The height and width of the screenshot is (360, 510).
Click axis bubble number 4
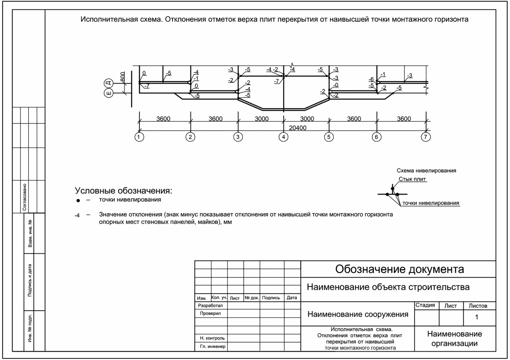(283, 137)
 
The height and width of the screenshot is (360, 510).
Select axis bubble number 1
(139, 137)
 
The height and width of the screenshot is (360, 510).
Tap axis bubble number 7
(426, 137)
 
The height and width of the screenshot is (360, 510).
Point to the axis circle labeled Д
(109, 83)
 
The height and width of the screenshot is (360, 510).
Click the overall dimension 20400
(297, 128)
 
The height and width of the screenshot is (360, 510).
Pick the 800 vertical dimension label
(123, 77)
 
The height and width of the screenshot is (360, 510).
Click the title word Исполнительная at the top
(121, 19)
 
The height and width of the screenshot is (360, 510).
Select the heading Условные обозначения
(123, 190)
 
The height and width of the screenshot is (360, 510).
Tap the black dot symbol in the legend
(78, 200)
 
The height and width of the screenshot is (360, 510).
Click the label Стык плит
(412, 179)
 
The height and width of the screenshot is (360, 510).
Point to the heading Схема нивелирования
(426, 171)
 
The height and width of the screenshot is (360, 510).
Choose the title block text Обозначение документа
(399, 269)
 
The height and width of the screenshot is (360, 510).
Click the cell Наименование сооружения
(358, 314)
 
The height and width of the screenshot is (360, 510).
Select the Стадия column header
(425, 305)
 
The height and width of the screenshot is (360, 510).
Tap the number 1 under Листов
(476, 317)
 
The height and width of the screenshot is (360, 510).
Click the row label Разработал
(210, 306)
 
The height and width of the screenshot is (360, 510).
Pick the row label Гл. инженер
(212, 346)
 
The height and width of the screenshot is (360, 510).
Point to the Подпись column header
(271, 298)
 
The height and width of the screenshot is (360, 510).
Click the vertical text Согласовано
(25, 197)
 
